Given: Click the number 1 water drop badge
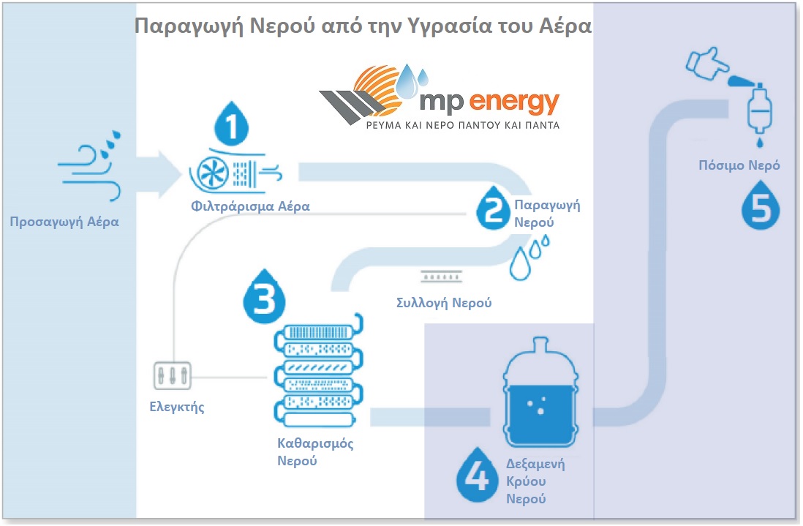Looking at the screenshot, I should click(x=232, y=127).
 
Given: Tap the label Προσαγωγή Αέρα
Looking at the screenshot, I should click(x=64, y=221).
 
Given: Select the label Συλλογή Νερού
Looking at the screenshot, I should click(x=443, y=302).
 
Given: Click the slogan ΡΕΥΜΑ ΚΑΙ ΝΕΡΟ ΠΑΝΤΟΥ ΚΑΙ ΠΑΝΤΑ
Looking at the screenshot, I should click(x=462, y=125).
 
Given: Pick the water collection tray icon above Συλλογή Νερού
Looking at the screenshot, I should click(x=441, y=277).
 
